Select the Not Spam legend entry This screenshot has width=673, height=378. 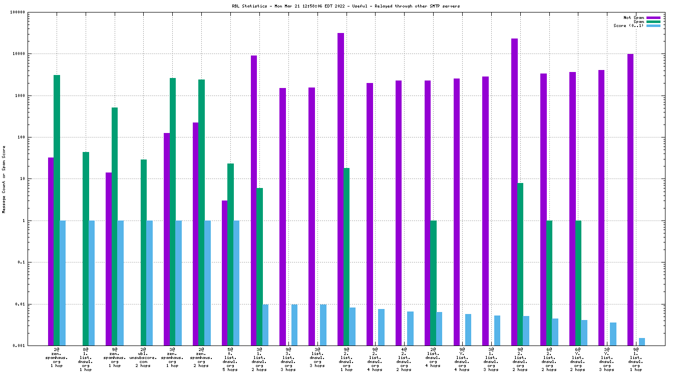[633, 17]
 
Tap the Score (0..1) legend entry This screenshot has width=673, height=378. [628, 25]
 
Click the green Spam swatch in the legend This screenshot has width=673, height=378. [653, 21]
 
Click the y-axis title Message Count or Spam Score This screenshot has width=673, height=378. [4, 179]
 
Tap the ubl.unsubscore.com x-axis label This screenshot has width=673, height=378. [143, 358]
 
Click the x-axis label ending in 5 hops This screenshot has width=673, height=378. [230, 360]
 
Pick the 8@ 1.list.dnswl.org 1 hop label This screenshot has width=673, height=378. [86, 360]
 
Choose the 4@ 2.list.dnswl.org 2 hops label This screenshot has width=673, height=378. [404, 360]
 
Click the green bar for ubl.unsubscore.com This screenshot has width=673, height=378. [144, 252]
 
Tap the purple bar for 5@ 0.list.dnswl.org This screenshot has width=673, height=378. [225, 273]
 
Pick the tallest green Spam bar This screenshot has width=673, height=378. [57, 210]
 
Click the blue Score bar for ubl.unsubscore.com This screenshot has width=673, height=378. [150, 283]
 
